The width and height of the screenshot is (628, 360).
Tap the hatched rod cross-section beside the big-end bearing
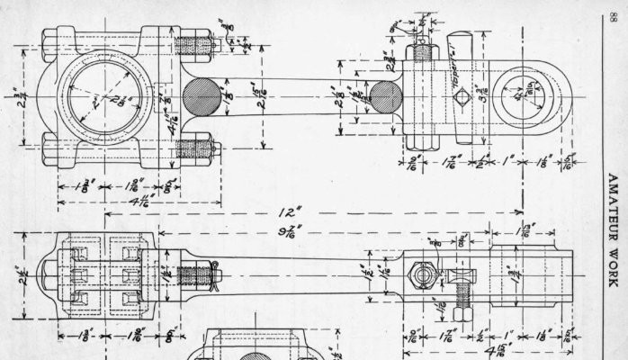(x=201, y=95)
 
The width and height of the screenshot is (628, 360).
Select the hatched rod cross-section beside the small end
(x=385, y=96)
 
